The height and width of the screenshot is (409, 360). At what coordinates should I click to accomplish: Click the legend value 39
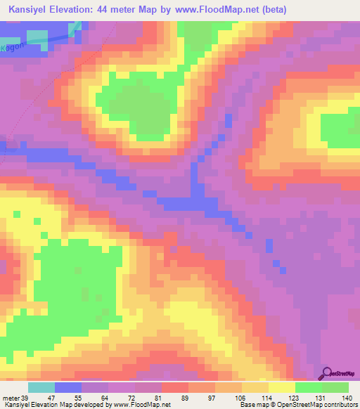click(27, 397)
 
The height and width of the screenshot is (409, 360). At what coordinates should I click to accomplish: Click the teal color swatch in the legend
click(41, 387)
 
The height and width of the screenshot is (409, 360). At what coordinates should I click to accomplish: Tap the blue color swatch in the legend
click(68, 387)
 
